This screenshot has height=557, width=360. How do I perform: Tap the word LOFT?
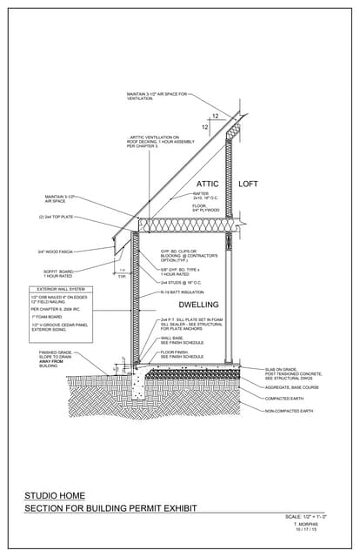click(250, 185)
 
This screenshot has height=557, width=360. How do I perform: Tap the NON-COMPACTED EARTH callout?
click(289, 410)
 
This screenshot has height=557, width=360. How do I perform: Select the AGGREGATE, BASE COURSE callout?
click(292, 387)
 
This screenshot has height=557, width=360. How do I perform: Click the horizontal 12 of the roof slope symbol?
click(215, 115)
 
